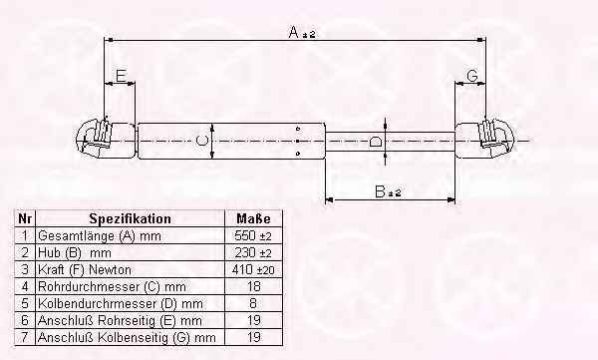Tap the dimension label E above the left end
coord(121,76)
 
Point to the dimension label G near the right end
coord(472,76)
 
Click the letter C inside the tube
coord(201,140)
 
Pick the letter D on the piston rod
coord(376,142)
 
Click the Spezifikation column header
coord(130,218)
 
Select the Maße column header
coord(253,218)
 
